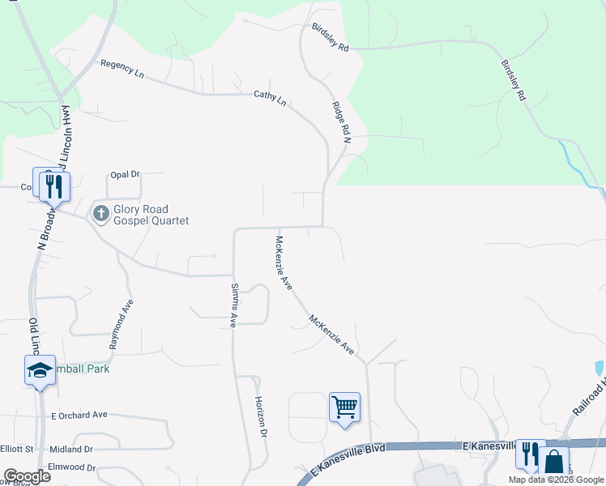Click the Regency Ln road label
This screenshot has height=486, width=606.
point(122,69)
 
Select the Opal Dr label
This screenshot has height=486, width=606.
point(125,174)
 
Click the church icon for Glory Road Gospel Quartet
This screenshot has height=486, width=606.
point(100,214)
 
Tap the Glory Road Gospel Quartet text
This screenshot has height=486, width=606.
point(151,215)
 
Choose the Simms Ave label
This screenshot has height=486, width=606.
point(233,305)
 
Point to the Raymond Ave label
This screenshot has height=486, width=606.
point(122,323)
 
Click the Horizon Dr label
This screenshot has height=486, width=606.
point(260,417)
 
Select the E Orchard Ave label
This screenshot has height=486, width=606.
point(79,415)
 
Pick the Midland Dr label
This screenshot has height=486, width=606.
point(71,449)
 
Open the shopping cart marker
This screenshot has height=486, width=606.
point(344,405)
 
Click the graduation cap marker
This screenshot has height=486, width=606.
point(40,370)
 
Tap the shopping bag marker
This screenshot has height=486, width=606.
point(554,462)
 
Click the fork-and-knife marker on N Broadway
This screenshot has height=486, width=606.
point(53,185)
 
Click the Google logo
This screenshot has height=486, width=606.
point(27,475)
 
